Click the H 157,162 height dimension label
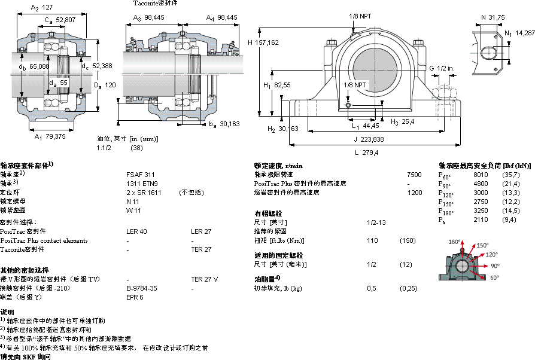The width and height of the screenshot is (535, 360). coord(263,42)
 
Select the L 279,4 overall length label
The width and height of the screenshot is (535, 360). coord(366,152)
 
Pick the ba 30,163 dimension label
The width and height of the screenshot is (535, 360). coord(224,124)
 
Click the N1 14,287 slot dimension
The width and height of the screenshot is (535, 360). coord(519,33)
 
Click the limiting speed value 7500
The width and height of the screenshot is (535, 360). coord(414,174)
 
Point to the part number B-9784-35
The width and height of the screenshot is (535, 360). coord(142,288)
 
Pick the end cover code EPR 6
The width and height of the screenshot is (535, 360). coord(135,297)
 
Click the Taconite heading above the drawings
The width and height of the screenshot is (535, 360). coord(156,3)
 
